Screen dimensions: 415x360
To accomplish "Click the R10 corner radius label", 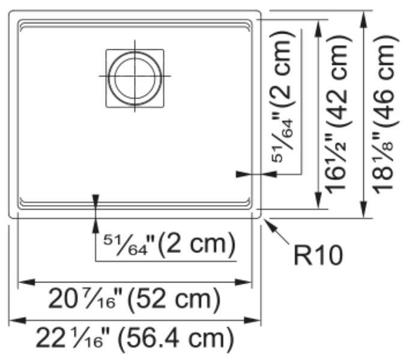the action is (x=318, y=255).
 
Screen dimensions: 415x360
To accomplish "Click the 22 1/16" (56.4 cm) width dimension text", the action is (x=135, y=338).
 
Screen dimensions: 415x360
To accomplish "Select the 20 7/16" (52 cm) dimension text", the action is (x=134, y=299).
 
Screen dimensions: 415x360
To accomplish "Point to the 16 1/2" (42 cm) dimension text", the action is (x=339, y=114).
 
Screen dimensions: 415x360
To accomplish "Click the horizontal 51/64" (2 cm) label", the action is (x=169, y=244).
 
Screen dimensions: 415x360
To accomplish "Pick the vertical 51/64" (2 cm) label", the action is (x=283, y=97).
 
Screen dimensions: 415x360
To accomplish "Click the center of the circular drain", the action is (x=135, y=76).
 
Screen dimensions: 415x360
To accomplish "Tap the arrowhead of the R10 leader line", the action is (x=266, y=221).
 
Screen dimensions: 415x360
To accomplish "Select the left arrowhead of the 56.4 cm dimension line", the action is (x=17, y=320).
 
